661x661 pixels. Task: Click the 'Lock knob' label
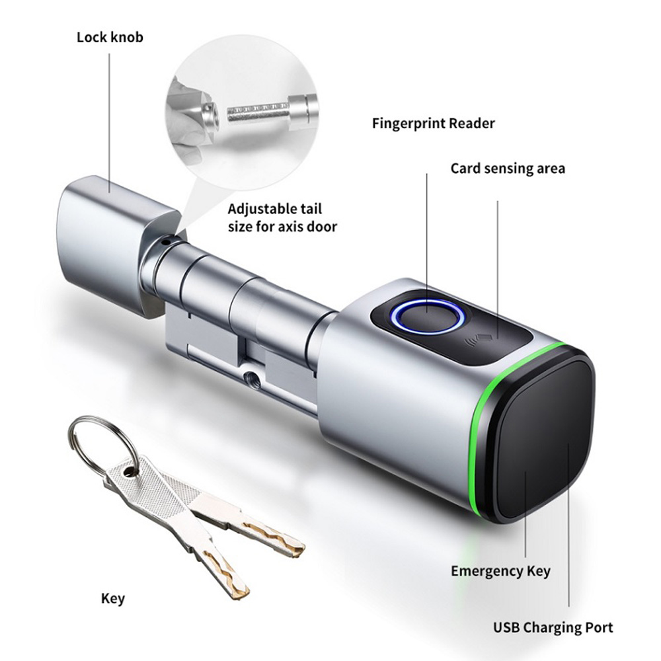coord(110,38)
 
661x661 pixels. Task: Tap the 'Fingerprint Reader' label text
coord(433,124)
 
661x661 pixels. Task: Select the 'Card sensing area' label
coord(508,168)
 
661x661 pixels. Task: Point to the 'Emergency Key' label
coord(500,571)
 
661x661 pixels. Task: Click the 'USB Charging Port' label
coord(553,627)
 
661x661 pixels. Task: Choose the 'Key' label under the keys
coord(113,599)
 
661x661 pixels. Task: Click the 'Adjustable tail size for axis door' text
coord(282,217)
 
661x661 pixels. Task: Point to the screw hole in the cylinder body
coord(252,377)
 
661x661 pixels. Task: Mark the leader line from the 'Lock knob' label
coord(110,123)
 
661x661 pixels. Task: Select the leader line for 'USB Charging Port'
coord(568,524)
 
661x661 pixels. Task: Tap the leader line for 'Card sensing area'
coord(498,270)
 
